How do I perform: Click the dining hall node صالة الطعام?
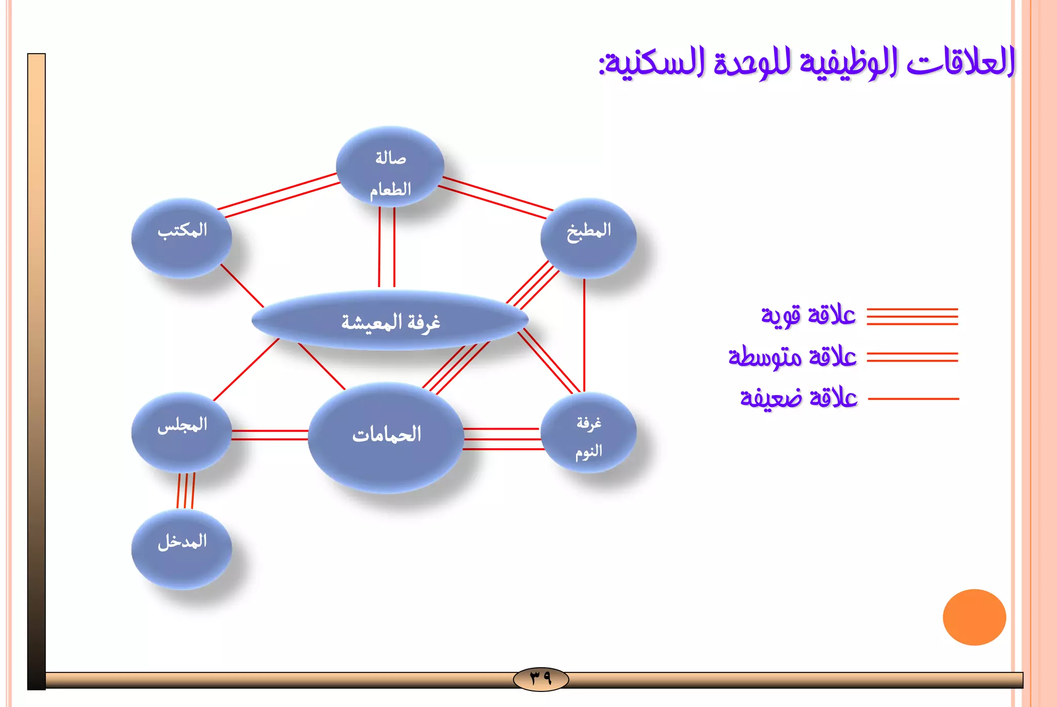click(x=390, y=167)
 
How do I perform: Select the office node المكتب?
click(x=182, y=238)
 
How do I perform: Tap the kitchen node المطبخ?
click(x=588, y=238)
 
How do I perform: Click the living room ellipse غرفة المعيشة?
click(x=390, y=321)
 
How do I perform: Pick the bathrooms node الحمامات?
click(x=386, y=437)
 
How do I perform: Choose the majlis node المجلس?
click(x=182, y=432)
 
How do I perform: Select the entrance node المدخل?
click(x=182, y=549)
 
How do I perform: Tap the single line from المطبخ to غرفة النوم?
click(x=584, y=336)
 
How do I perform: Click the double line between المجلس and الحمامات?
click(x=270, y=435)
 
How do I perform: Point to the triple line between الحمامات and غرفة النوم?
click(x=502, y=439)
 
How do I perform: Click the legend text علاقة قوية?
click(x=808, y=316)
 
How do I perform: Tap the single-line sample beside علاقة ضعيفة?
click(x=913, y=399)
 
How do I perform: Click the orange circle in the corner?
click(x=974, y=617)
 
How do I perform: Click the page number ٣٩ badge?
click(x=541, y=678)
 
